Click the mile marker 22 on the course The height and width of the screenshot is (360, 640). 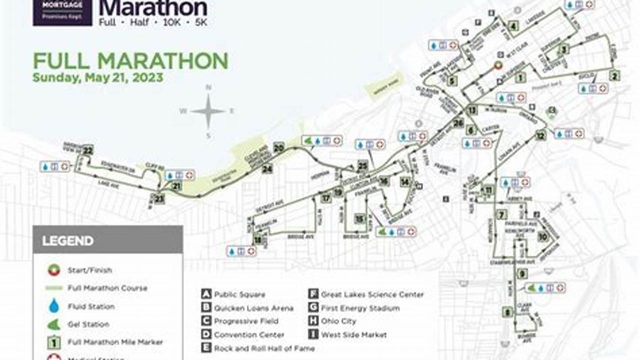click(88, 150)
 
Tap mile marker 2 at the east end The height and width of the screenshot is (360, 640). click(614, 76)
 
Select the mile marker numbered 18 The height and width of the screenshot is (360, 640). click(258, 240)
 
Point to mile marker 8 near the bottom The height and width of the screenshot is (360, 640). click(508, 312)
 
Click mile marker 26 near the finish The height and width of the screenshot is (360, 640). click(458, 122)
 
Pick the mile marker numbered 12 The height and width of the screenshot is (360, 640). click(540, 135)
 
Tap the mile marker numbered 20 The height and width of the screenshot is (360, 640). click(279, 147)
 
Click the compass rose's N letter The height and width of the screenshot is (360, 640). click(209, 87)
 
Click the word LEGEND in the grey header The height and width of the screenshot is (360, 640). click(68, 241)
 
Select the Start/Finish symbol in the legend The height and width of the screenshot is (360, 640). click(54, 270)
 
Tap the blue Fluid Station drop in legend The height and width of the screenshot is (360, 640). click(54, 306)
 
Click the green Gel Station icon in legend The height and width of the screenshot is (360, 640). click(54, 324)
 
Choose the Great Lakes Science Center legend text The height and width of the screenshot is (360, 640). click(372, 294)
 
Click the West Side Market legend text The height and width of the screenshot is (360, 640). click(354, 335)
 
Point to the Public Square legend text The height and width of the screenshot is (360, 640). click(240, 294)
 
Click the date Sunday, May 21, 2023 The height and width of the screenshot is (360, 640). click(98, 78)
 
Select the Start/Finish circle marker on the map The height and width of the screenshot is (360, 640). click(498, 65)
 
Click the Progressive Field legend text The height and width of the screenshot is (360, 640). click(246, 321)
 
